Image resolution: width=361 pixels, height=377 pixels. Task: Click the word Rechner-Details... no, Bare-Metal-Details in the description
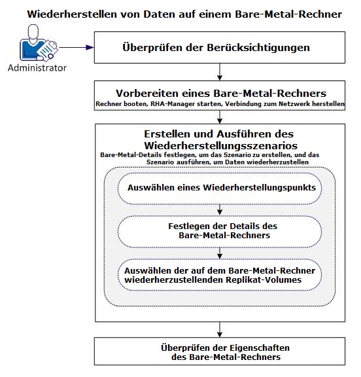(x=131, y=154)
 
